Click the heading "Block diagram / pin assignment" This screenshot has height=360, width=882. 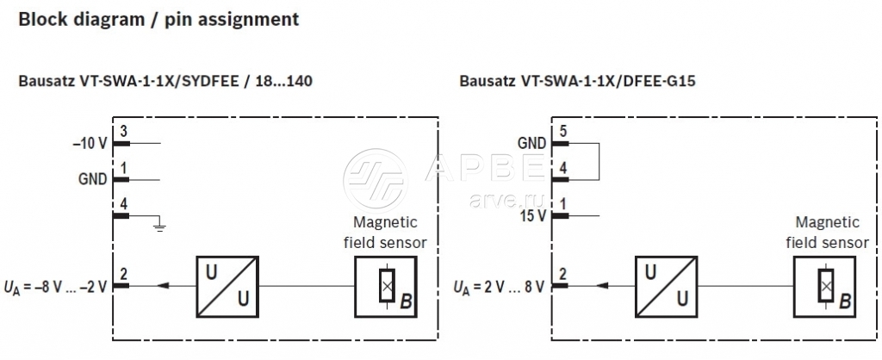click(x=158, y=18)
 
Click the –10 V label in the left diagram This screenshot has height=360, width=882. click(x=90, y=144)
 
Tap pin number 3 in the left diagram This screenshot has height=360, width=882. click(x=124, y=131)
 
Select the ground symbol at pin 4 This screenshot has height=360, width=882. click(x=158, y=226)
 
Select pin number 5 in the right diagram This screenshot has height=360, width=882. click(x=563, y=131)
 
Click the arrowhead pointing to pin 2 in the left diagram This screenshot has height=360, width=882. click(x=164, y=285)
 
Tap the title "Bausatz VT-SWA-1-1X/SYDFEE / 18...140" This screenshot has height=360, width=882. click(x=165, y=83)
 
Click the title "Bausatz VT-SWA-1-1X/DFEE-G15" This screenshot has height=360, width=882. click(x=578, y=83)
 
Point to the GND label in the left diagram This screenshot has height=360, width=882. click(x=92, y=180)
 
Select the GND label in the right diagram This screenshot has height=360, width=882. click(x=531, y=143)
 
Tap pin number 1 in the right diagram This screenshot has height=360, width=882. click(x=563, y=203)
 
